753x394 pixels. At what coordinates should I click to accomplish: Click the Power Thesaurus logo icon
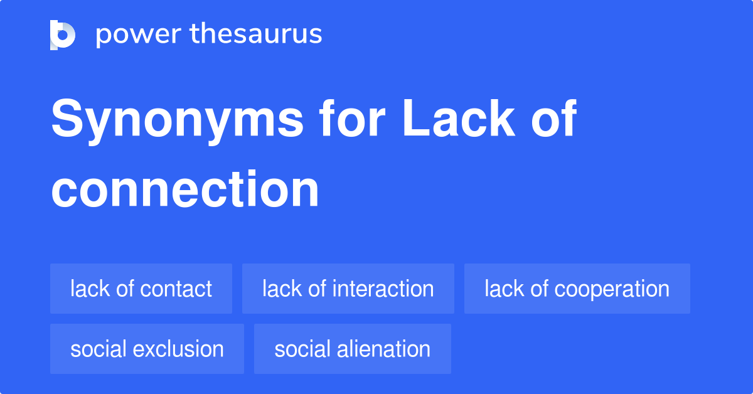coord(63,35)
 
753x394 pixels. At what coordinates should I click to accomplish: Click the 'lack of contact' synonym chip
coord(141,289)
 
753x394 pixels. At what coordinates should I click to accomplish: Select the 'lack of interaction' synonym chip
coord(348,289)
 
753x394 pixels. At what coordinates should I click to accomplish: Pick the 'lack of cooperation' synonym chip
coord(577,289)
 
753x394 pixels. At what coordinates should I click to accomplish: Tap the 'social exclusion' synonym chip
coord(147,349)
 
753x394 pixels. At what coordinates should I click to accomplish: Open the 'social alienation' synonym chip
coord(352,349)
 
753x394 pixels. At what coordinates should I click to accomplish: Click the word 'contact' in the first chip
coord(176,289)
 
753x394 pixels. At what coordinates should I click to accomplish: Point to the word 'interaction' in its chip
coord(383,289)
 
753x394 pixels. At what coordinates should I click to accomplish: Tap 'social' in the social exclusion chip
coord(95,349)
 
